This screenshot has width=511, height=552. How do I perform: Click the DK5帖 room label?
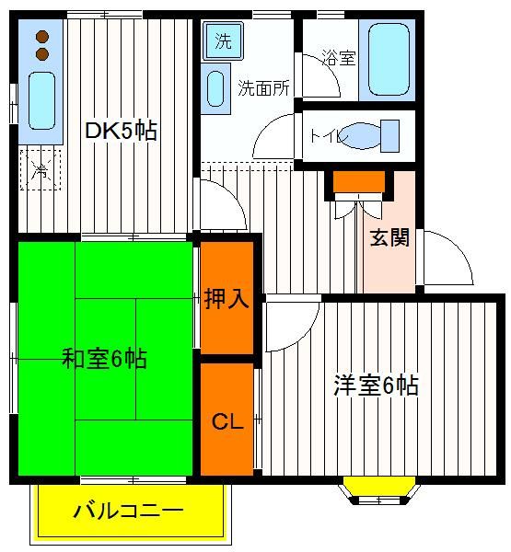tap(121, 131)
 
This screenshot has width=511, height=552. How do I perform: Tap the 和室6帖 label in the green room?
tap(104, 359)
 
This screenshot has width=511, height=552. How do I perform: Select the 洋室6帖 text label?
tap(376, 385)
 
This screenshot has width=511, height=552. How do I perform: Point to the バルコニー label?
tap(129, 511)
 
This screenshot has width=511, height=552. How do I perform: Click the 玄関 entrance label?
tap(389, 237)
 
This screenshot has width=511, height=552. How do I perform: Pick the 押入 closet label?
tap(226, 298)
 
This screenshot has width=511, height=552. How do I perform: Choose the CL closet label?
tap(227, 421)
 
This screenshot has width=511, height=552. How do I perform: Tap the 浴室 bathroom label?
tap(339, 58)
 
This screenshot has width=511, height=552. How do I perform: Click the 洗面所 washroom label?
tap(263, 88)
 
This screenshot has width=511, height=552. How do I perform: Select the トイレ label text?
tap(327, 136)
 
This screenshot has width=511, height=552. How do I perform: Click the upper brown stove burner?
tap(42, 37)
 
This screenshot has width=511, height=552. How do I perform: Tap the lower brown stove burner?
tap(42, 54)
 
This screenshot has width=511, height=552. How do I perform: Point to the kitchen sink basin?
tap(42, 101)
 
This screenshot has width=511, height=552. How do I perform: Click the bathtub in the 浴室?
tap(389, 60)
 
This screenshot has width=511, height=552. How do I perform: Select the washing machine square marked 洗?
tap(224, 40)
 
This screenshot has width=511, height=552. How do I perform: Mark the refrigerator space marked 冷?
tap(41, 169)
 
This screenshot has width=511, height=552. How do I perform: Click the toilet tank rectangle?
tap(389, 136)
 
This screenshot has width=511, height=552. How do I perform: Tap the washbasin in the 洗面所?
tap(215, 88)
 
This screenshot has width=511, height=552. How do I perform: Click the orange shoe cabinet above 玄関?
tap(359, 181)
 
